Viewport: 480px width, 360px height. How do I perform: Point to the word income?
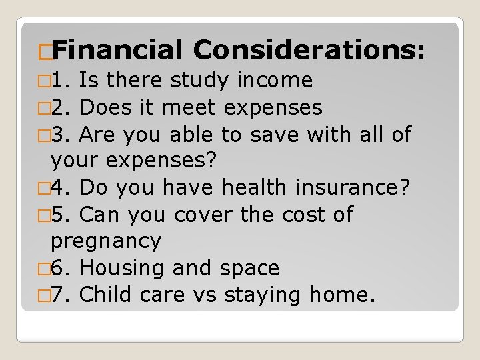click(275, 81)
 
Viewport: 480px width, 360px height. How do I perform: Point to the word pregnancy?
click(106, 241)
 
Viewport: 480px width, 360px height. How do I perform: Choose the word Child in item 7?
click(105, 295)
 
